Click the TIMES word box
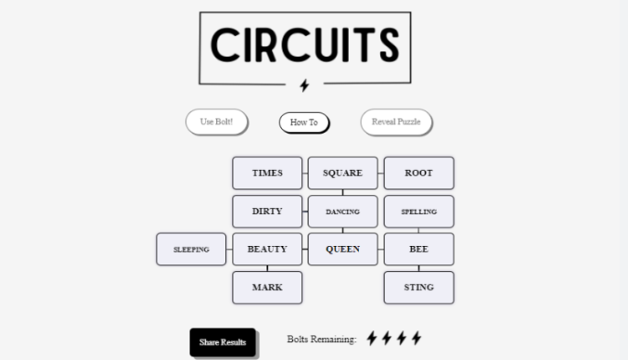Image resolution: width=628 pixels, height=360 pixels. point(267,174)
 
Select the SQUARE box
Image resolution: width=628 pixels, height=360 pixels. point(342,174)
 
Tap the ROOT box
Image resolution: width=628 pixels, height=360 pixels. point(418,174)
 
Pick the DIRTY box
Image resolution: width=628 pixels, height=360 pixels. point(267,212)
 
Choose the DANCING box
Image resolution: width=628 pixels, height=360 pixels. point(342,212)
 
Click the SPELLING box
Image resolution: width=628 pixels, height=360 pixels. point(418,212)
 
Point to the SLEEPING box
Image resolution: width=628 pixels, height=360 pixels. point(191,250)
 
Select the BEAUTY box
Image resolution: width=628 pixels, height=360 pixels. point(267,250)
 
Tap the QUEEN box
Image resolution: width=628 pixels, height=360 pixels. point(342,250)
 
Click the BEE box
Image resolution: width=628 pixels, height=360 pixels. point(418,250)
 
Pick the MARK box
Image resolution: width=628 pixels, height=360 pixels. point(267,288)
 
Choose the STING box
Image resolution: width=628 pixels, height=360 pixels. point(418,288)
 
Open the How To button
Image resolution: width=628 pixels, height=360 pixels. point(304,122)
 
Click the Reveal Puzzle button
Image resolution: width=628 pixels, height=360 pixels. point(396,122)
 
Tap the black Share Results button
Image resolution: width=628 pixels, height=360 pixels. point(223,342)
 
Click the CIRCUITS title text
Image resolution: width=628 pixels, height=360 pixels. point(304,45)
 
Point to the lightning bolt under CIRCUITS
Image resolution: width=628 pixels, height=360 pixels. point(304,85)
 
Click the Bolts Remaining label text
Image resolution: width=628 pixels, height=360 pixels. point(322,340)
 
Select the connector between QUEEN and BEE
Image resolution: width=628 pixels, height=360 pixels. point(380,250)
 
